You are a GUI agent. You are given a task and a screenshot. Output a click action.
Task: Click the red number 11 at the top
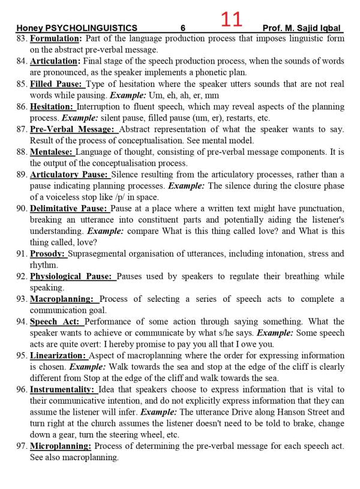231,20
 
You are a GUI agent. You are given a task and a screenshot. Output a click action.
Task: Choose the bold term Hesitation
53,107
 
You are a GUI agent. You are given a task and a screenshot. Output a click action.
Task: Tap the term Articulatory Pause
69,175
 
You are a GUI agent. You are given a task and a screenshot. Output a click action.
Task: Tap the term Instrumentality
62,389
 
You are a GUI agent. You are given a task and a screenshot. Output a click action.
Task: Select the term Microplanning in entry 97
60,446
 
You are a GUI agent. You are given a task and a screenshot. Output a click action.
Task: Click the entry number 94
22,322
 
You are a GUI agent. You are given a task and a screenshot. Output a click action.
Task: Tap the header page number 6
182,28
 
